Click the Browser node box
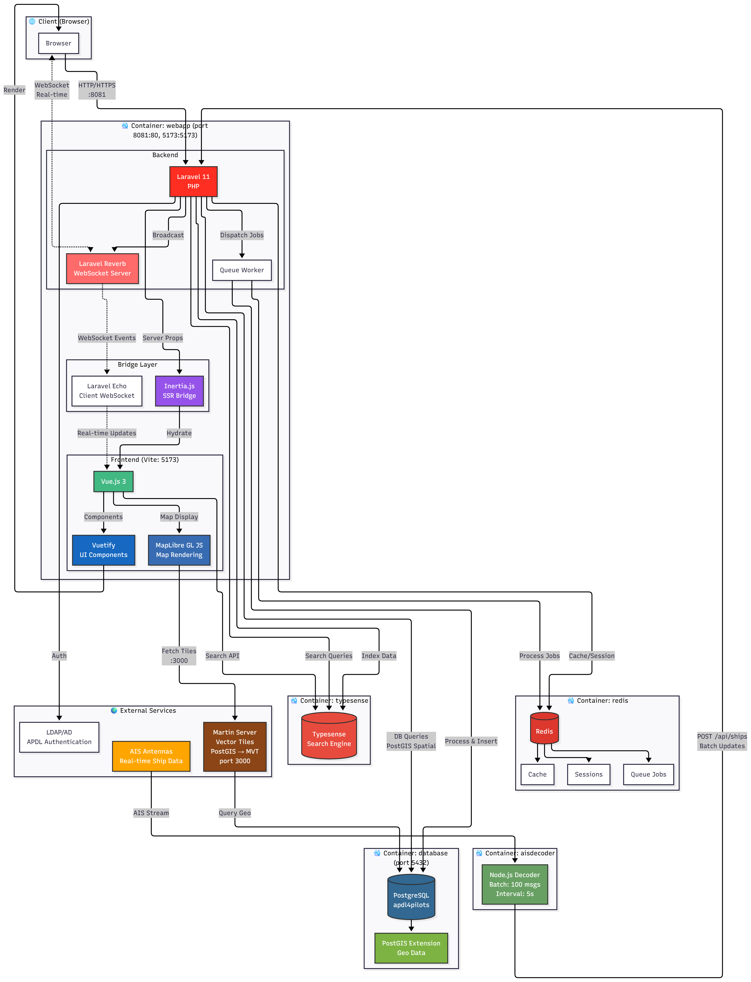click(59, 43)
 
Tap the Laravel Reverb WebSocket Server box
click(102, 268)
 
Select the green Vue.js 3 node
click(113, 481)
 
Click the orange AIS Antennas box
click(151, 756)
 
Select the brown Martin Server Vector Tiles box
click(235, 746)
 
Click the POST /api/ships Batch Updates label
click(722, 741)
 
